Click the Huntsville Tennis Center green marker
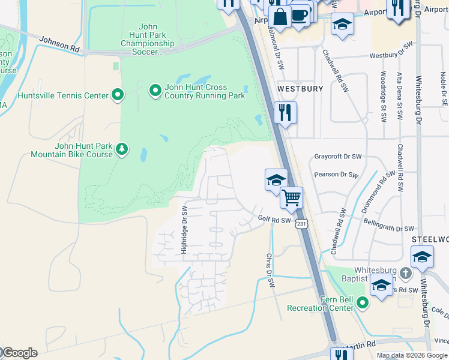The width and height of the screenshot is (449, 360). [x=118, y=95]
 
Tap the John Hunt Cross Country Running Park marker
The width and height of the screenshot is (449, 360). [x=155, y=91]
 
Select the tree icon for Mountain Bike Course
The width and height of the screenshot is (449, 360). [x=122, y=148]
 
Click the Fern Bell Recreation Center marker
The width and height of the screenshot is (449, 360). [x=361, y=302]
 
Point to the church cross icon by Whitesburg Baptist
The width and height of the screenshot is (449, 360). [x=406, y=274]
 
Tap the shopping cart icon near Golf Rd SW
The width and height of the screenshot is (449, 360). [x=291, y=197]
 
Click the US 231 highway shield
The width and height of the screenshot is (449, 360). [x=301, y=223]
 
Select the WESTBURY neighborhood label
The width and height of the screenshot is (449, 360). [x=300, y=88]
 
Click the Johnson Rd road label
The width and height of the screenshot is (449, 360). [x=59, y=44]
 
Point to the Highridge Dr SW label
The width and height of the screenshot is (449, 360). [x=185, y=230]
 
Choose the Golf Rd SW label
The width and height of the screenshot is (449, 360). [x=274, y=220]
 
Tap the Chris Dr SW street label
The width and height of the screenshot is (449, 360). [x=270, y=270]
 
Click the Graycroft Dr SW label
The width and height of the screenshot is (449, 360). [x=338, y=157]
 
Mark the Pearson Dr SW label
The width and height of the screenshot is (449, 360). [x=337, y=176]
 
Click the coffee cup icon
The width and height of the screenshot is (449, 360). [x=300, y=15]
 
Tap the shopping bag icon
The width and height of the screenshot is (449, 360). [x=279, y=17]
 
